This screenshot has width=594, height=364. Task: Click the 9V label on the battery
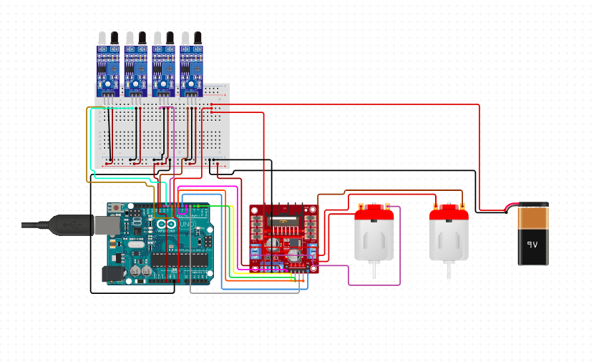click(x=532, y=244)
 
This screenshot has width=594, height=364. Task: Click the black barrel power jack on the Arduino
click(x=112, y=274)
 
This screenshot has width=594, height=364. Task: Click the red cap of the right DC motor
click(x=448, y=212)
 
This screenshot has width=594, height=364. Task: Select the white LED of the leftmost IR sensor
click(x=102, y=38)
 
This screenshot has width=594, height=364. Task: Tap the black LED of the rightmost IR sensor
click(x=197, y=38)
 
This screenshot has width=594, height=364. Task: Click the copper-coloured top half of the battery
click(x=533, y=217)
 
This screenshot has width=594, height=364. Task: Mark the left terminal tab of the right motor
click(x=434, y=206)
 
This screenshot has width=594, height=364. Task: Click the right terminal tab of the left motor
click(x=389, y=206)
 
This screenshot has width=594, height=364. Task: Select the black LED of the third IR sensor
click(x=170, y=38)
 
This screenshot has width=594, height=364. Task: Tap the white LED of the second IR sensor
click(x=130, y=38)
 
